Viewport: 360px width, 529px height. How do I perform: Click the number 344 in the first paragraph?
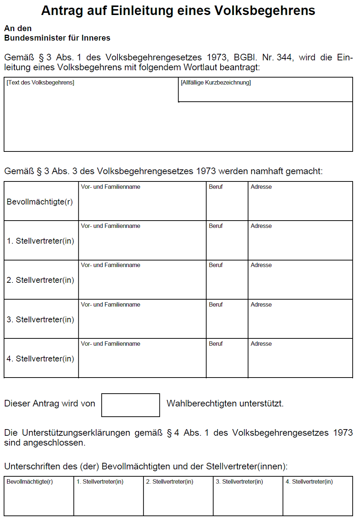point(284,57)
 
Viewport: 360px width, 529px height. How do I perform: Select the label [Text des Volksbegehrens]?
point(40,83)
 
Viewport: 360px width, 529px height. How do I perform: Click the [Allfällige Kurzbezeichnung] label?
point(216,83)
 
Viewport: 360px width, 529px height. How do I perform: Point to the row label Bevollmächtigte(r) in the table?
point(40,202)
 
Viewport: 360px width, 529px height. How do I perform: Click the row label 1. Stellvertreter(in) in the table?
point(40,241)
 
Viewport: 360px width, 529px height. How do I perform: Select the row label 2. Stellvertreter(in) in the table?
point(40,280)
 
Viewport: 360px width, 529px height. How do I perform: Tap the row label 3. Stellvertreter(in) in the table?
point(40,319)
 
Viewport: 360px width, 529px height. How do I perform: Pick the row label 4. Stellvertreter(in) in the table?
point(40,359)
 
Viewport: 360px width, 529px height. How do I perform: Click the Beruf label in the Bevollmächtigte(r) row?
point(216,187)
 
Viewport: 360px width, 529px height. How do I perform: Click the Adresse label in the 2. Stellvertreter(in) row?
point(261,265)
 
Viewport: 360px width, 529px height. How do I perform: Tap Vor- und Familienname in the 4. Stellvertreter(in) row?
point(110,344)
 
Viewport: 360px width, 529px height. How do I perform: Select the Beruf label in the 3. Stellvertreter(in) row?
point(216,305)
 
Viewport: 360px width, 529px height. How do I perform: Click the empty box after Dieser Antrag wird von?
point(131,405)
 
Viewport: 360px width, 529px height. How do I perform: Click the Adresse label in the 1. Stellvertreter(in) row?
point(261,226)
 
